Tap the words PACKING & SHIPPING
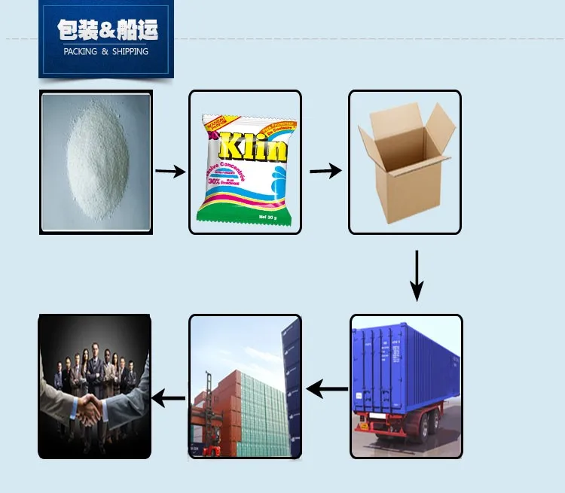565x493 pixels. click(106, 51)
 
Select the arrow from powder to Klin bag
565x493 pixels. click(170, 172)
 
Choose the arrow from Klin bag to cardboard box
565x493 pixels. click(325, 171)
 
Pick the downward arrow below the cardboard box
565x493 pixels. click(417, 276)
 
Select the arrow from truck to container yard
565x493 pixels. click(327, 390)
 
